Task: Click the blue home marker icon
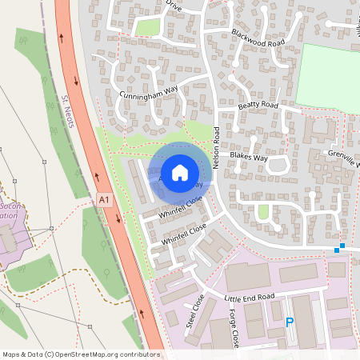pyautogui.click(x=179, y=172)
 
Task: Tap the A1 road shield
pyautogui.click(x=103, y=198)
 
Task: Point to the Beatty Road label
pyautogui.click(x=258, y=106)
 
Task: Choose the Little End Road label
pyautogui.click(x=249, y=297)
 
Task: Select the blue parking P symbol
pyautogui.click(x=290, y=323)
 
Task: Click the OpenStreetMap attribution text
pyautogui.click(x=80, y=354)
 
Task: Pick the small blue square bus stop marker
pyautogui.click(x=342, y=246)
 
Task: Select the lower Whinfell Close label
pyautogui.click(x=184, y=234)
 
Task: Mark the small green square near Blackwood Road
pyautogui.click(x=148, y=27)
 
